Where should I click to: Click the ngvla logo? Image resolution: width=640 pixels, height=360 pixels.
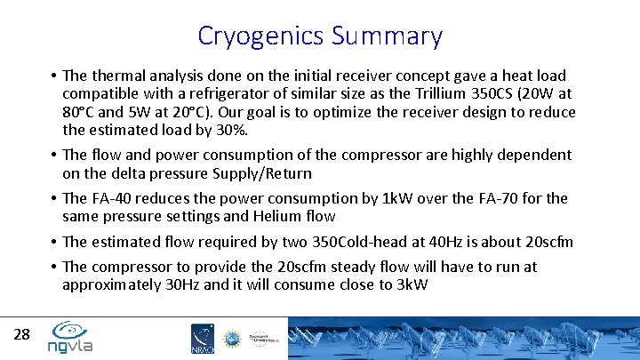coord(70,337)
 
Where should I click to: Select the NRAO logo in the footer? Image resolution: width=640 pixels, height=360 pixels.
coord(202,339)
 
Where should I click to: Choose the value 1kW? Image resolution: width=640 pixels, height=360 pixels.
coord(392,197)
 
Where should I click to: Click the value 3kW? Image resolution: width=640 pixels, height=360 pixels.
coord(406,285)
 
